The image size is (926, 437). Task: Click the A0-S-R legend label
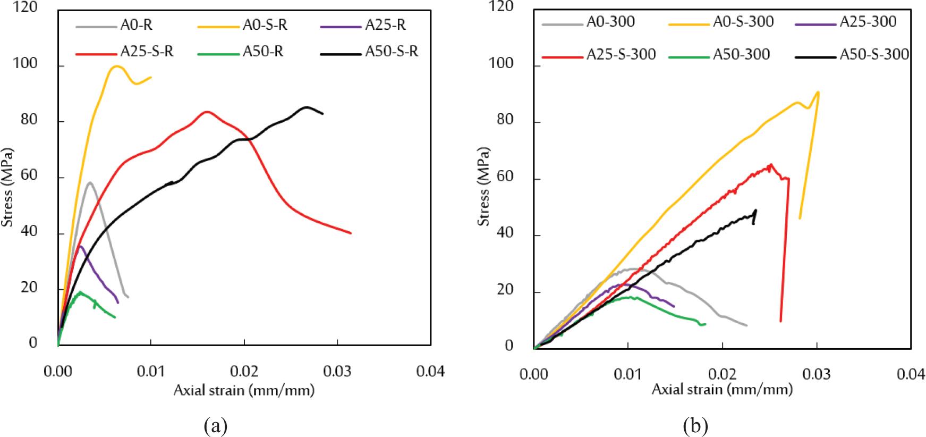tap(265, 25)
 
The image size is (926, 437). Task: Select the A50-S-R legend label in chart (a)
tap(391, 52)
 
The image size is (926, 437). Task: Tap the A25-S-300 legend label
tap(621, 54)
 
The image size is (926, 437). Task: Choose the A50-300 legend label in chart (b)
tap(741, 54)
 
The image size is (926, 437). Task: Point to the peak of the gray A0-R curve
tap(90, 182)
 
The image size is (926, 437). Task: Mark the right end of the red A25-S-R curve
tap(351, 233)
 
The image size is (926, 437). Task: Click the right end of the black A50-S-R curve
tap(322, 113)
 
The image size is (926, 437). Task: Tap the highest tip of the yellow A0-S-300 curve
tap(818, 92)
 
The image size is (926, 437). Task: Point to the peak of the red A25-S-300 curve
tap(770, 165)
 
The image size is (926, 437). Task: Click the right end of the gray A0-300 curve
tap(746, 325)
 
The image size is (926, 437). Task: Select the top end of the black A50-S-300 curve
tap(755, 210)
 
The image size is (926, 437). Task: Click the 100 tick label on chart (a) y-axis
tap(27, 64)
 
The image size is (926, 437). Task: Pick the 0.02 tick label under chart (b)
tap(722, 374)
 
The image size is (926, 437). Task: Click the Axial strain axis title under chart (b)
tap(722, 390)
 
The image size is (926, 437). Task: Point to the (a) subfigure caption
tap(215, 426)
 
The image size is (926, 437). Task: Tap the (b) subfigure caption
tap(695, 426)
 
